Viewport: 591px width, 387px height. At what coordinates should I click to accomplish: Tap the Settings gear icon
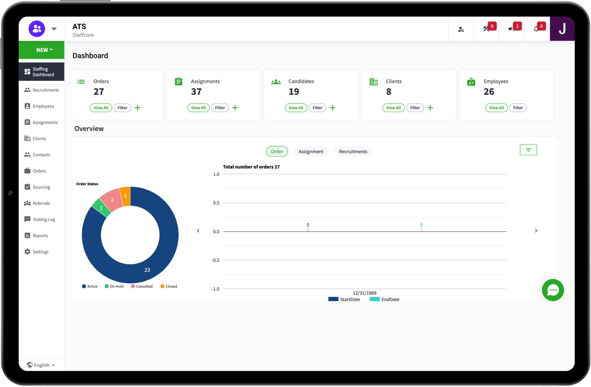tap(27, 252)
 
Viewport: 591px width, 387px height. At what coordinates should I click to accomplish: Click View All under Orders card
tap(101, 108)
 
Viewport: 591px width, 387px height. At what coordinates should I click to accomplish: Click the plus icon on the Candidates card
tap(332, 108)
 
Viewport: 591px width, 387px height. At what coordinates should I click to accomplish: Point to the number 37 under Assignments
tap(196, 92)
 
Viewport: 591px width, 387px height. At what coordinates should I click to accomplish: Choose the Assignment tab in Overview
tap(311, 152)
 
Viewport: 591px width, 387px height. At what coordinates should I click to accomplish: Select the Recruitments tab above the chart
tap(353, 152)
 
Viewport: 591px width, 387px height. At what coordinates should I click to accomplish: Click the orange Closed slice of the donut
tap(126, 196)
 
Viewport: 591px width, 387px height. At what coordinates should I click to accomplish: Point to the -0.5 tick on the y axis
tap(215, 260)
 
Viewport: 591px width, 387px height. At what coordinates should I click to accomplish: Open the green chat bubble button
tap(553, 290)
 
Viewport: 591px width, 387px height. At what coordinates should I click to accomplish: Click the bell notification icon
tap(536, 29)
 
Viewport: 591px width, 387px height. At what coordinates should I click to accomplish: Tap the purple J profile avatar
tap(562, 29)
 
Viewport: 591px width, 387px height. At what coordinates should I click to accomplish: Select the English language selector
tap(41, 365)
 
